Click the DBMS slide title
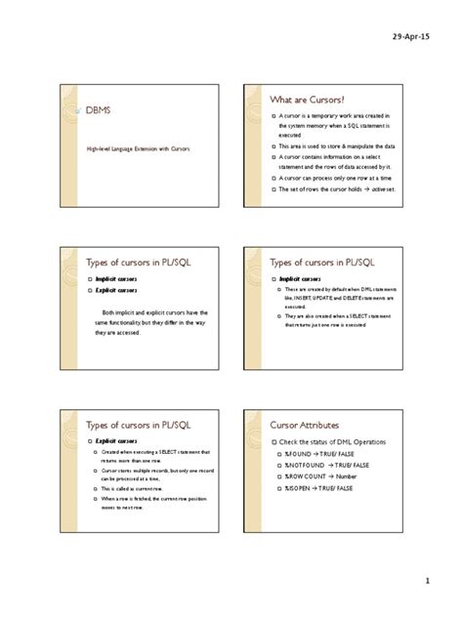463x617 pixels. coord(101,113)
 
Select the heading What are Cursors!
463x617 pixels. coord(312,99)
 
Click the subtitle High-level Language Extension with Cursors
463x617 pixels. coord(136,149)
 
